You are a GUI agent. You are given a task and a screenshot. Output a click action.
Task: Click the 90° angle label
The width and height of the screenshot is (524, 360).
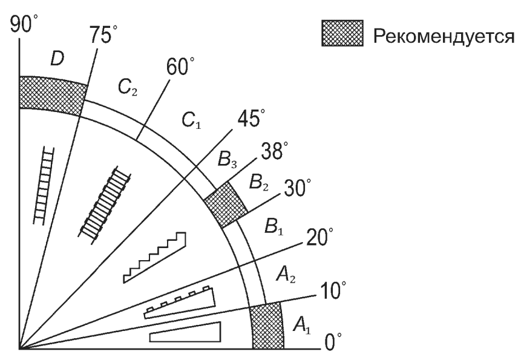24,24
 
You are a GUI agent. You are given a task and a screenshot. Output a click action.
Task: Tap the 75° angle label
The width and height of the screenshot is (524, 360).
103,34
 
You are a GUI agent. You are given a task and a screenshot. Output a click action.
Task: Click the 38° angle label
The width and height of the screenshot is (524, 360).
274,151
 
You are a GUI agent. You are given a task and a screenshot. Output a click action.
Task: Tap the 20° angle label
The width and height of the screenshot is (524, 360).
319,237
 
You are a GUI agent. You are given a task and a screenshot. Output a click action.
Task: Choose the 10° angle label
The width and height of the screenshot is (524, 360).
333,290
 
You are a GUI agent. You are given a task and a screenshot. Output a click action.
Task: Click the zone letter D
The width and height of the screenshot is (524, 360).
57,59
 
